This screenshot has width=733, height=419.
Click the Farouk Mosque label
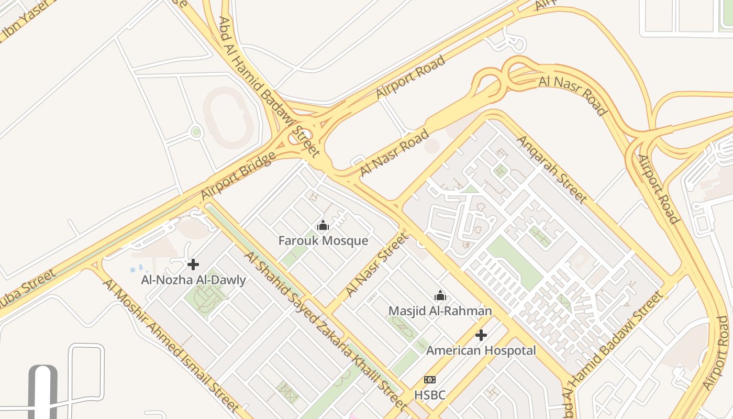[x=323, y=241]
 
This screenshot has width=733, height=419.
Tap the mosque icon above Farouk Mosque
[x=323, y=226]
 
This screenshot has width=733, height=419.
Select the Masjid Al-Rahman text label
[x=440, y=311]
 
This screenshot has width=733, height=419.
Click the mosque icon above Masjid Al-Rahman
[x=440, y=296]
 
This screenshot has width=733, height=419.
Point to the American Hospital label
[x=481, y=350]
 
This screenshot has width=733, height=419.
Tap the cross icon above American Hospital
[x=481, y=335]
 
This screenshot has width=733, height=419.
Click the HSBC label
[x=430, y=395]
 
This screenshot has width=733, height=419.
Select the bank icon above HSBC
[x=430, y=380]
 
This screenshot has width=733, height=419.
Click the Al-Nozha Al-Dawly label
[x=193, y=280]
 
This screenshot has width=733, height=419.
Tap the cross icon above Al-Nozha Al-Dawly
[x=193, y=264]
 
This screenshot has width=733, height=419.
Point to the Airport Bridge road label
[x=238, y=175]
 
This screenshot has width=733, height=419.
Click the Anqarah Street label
[x=551, y=169]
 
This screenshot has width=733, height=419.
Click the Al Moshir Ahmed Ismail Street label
[x=171, y=346]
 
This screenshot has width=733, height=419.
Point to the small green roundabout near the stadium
[x=196, y=132]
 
